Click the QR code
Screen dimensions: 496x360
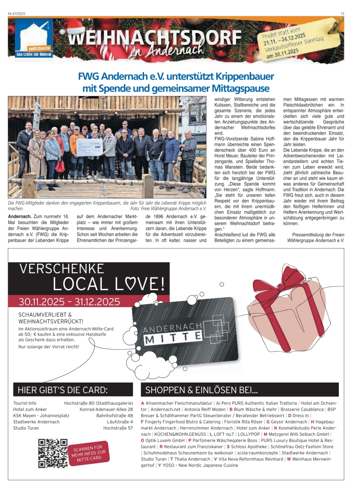pos(53,453)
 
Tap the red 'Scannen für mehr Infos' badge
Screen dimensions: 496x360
pos(89,453)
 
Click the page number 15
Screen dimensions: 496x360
pos(342,14)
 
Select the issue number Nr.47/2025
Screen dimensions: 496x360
pos(17,14)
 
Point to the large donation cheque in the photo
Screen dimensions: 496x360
pos(89,147)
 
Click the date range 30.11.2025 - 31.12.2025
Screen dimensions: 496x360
pos(69,302)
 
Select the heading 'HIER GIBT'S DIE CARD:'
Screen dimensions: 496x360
pos(62,390)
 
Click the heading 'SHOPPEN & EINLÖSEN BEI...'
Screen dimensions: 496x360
pos(202,390)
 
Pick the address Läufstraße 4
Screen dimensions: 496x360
pos(120,422)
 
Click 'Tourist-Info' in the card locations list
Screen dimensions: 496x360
pos(25,403)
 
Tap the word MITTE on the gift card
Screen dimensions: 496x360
pos(173,338)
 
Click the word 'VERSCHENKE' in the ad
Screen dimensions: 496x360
pos(62,269)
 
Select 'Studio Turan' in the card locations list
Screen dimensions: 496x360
pos(26,428)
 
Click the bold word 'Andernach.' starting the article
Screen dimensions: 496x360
pos(20,216)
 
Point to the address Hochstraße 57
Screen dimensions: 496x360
pos(118,428)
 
